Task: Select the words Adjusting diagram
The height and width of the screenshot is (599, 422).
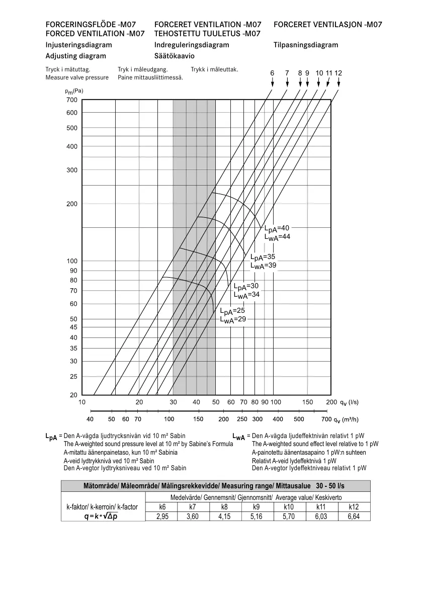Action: click(x=75, y=56)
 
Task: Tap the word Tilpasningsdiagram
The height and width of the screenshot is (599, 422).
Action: click(x=306, y=45)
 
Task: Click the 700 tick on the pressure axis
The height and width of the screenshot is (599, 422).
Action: click(x=72, y=100)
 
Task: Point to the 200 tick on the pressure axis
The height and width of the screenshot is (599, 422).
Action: click(x=72, y=204)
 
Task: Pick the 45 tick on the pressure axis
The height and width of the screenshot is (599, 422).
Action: click(x=73, y=327)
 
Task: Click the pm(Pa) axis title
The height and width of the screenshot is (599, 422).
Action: click(x=74, y=91)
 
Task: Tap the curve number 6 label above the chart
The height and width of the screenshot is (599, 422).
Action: click(x=272, y=73)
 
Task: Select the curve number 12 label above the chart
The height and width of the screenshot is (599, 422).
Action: click(x=338, y=73)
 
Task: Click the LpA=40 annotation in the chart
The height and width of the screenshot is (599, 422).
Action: click(x=277, y=228)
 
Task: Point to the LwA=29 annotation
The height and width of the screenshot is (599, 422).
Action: click(x=232, y=319)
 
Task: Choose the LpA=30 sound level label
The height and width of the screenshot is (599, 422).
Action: click(x=246, y=286)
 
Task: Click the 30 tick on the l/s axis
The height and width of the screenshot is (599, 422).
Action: click(x=173, y=402)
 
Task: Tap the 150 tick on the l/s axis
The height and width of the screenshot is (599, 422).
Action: click(x=307, y=402)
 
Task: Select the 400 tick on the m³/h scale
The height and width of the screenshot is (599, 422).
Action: click(x=278, y=419)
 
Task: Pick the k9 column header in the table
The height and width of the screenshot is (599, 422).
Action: click(x=257, y=507)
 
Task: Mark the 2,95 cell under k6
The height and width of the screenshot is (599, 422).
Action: click(x=162, y=517)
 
